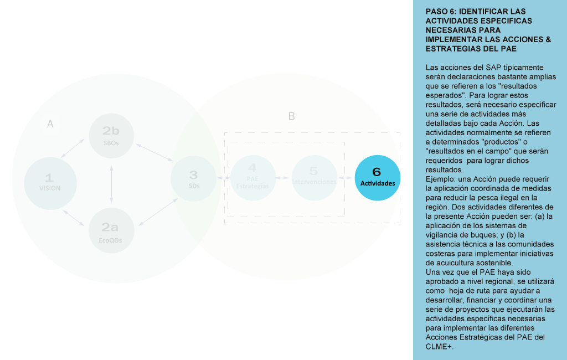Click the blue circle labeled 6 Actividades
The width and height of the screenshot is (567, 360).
(x=377, y=177)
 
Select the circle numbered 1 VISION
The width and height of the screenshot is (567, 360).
(x=49, y=183)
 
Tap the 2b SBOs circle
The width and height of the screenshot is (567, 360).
(x=111, y=136)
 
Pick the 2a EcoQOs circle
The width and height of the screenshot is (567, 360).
(x=111, y=230)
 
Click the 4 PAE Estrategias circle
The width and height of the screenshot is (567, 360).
(x=252, y=178)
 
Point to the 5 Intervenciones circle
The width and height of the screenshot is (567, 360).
(x=314, y=178)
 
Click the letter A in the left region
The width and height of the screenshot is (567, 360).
(x=50, y=125)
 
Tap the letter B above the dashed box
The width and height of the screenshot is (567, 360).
(x=292, y=116)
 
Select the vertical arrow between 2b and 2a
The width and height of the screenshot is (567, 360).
(x=112, y=183)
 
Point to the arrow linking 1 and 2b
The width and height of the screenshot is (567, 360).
(x=73, y=148)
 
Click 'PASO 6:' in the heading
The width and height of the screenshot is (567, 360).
(x=440, y=11)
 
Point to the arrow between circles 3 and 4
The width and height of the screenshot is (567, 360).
(x=224, y=178)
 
